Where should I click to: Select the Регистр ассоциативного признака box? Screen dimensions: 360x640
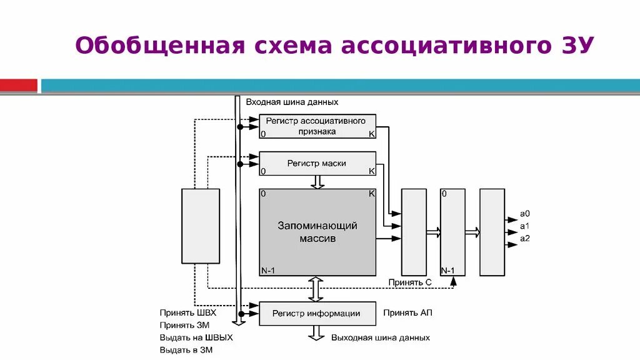[317, 126]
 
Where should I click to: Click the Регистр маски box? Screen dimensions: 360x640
[317, 163]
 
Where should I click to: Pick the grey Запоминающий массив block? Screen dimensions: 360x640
[317, 232]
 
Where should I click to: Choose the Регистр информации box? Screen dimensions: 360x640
[317, 314]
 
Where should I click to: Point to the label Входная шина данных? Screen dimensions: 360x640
[292, 101]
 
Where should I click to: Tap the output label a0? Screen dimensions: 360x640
[525, 214]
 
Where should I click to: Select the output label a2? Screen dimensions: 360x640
[525, 238]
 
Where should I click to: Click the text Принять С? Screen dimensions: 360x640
[410, 282]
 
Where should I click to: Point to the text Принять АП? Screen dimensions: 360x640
[408, 312]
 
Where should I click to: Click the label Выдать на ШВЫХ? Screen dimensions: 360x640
[196, 337]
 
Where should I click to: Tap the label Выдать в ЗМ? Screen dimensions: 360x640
[186, 350]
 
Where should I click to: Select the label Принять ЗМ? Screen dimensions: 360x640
[184, 325]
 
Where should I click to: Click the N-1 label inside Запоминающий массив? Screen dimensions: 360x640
[267, 270]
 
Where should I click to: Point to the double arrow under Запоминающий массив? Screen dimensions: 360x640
[317, 289]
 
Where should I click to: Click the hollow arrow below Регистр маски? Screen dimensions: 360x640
[317, 181]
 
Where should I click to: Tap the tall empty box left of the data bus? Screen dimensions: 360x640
[201, 226]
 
